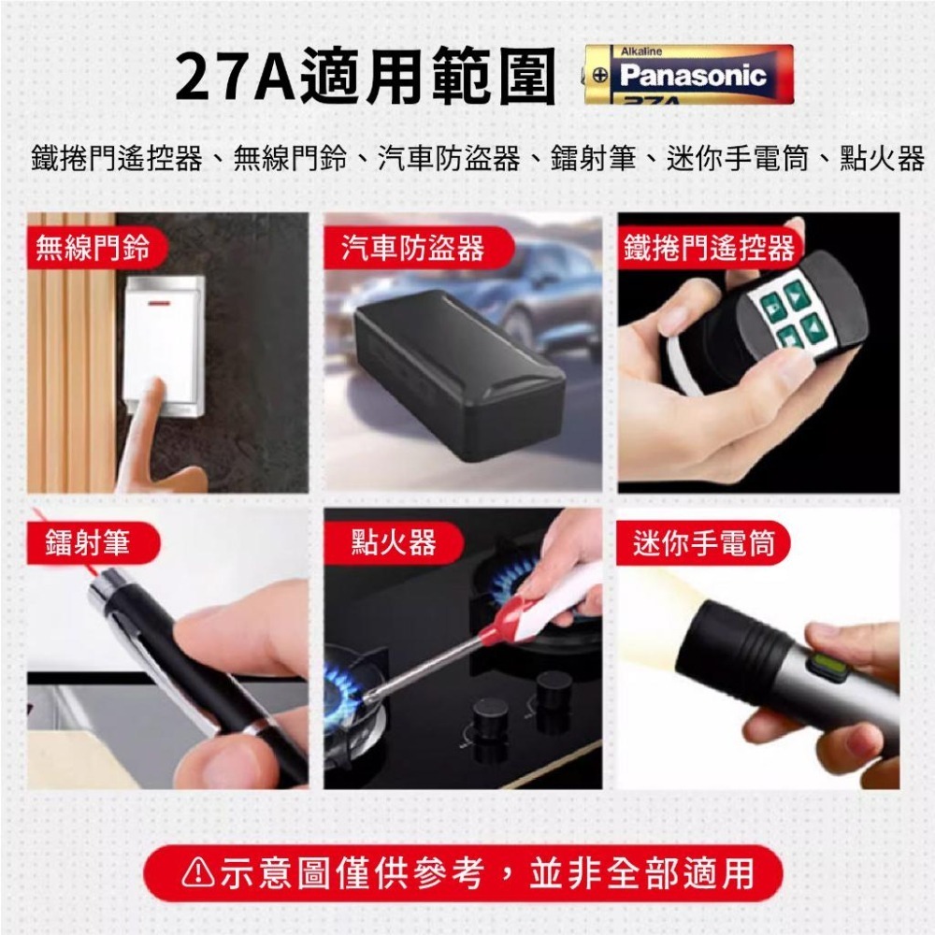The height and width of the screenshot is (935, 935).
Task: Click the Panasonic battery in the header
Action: coord(689,74)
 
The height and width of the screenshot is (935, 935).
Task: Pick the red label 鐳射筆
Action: coord(88,543)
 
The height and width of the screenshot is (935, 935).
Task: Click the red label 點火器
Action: coord(394,543)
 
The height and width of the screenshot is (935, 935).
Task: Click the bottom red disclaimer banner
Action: coord(467,873)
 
